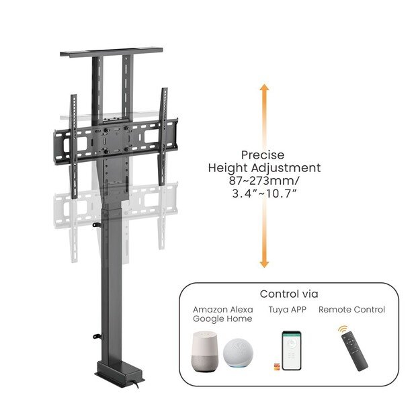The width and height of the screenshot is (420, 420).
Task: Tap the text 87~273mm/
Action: click(x=263, y=181)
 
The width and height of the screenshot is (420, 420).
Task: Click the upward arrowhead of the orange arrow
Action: click(x=264, y=90)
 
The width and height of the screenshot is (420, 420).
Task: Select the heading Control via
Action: click(x=289, y=294)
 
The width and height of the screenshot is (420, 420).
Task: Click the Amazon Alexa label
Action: click(x=223, y=310)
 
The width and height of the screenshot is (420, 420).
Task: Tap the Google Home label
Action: click(x=223, y=319)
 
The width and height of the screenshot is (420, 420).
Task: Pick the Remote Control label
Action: click(x=351, y=310)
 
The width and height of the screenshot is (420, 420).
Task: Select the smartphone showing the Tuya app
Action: click(x=290, y=350)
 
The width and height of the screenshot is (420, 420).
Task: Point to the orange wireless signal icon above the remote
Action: click(x=343, y=330)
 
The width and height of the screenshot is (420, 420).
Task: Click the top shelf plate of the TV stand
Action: click(x=111, y=52)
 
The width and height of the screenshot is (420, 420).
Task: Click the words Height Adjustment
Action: click(x=263, y=167)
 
